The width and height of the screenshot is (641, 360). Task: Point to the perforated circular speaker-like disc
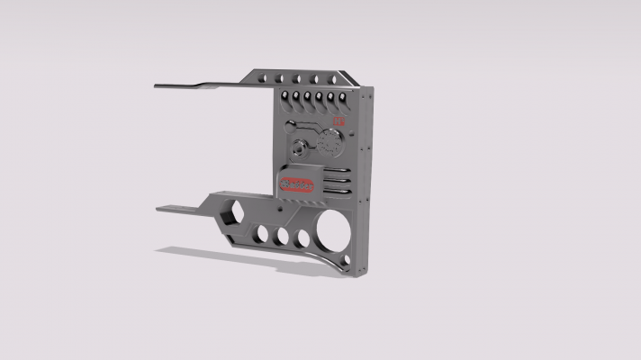[330, 143]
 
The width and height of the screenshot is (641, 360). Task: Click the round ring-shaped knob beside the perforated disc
[300, 149]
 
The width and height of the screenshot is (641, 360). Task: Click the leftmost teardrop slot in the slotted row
[284, 96]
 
